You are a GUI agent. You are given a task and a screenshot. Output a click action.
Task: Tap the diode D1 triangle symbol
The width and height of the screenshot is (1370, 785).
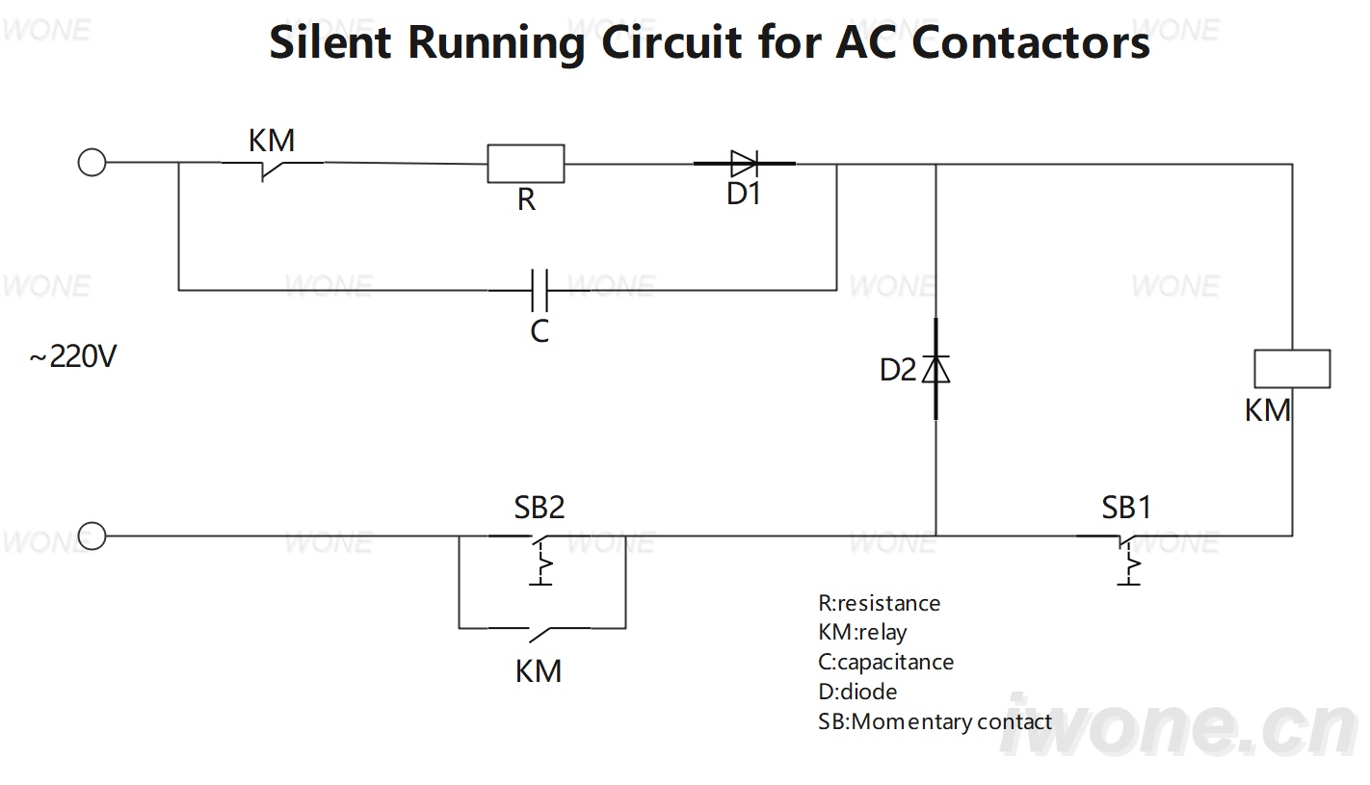745,164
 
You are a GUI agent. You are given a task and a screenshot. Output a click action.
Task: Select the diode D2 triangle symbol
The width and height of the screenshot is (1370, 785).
935,369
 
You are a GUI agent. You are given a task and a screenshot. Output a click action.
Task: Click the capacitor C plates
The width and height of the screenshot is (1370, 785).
540,290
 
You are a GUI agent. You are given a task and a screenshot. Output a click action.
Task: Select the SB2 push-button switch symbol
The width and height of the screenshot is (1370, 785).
540,559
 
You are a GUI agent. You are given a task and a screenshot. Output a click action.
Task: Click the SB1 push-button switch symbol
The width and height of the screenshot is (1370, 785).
1128,559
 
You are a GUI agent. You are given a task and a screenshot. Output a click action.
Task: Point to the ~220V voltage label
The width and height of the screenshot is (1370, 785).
73,356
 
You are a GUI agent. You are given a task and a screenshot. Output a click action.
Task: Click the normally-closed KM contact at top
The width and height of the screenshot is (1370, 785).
272,170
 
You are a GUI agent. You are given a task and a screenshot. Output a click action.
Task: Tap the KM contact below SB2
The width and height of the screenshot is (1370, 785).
540,634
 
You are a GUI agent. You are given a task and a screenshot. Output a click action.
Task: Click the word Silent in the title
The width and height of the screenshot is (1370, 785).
330,42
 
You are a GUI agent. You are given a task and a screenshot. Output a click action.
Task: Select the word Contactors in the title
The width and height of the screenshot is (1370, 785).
1031,42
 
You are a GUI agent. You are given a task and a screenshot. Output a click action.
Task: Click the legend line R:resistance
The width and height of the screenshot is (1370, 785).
879,603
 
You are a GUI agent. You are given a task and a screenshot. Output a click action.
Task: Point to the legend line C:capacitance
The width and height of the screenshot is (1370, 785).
885,662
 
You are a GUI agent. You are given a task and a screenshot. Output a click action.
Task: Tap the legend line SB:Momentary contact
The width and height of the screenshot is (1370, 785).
935,722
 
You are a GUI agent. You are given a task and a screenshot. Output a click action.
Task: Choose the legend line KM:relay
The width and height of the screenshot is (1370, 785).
862,633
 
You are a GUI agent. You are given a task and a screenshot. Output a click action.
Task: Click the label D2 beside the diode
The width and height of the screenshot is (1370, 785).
898,370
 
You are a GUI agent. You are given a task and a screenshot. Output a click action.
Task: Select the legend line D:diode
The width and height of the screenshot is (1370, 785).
857,693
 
